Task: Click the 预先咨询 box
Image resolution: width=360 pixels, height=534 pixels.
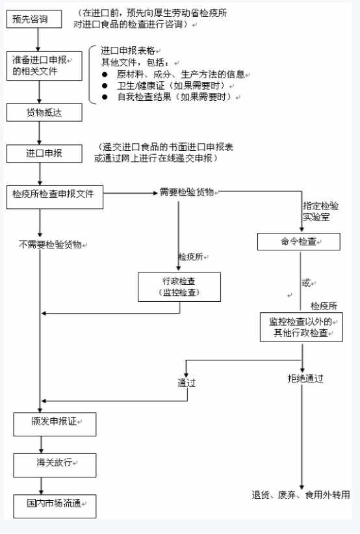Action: [x=34, y=19]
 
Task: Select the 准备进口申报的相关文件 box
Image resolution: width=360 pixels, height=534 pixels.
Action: [x=44, y=66]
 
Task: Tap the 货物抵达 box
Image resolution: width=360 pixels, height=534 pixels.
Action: [x=44, y=113]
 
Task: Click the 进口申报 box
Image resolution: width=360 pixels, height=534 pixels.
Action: [x=44, y=154]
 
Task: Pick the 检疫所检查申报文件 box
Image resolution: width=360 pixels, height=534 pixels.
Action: [x=55, y=197]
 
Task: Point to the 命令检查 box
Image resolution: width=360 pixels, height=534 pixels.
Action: [x=299, y=241]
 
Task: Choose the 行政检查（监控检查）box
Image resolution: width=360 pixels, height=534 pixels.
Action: [x=179, y=287]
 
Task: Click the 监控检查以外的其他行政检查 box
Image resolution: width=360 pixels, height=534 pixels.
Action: [x=302, y=327]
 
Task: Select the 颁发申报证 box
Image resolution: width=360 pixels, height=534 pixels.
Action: [x=55, y=424]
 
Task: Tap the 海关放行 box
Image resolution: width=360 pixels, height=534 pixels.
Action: [x=55, y=465]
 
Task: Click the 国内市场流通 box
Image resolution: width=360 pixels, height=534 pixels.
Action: [x=55, y=507]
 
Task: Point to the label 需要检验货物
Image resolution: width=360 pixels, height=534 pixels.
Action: [x=186, y=192]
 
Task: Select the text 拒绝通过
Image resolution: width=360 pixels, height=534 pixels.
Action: [x=305, y=379]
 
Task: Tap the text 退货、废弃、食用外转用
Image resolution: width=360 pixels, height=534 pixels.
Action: [x=301, y=494]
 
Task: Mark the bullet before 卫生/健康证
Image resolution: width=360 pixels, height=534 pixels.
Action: [x=105, y=85]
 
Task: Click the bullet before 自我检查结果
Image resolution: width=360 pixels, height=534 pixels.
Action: [x=105, y=97]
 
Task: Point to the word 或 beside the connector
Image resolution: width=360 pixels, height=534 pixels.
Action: [x=306, y=283]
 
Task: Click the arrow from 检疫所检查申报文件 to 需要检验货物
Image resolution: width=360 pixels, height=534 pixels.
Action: [x=131, y=193]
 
